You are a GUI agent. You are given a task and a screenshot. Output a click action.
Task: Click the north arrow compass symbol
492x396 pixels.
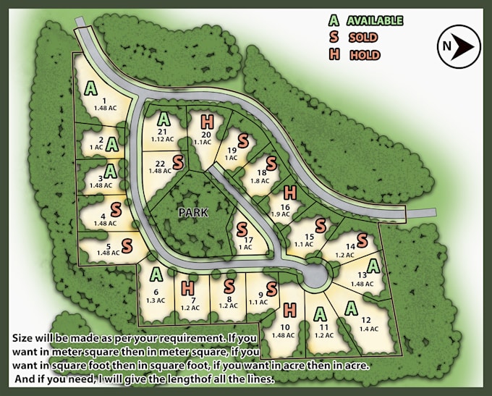[x=459, y=46]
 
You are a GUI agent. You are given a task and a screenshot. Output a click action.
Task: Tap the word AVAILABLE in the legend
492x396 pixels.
[x=374, y=21]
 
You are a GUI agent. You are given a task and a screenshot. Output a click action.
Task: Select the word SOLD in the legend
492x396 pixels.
[x=362, y=38]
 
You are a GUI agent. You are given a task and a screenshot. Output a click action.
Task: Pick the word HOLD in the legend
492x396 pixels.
[x=365, y=55]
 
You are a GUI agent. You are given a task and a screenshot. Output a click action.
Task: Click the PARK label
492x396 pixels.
[x=193, y=212]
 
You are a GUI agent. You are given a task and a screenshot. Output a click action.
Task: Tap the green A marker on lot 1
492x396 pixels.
[x=90, y=88]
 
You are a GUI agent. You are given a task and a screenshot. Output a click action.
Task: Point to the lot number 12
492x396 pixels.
[x=365, y=320]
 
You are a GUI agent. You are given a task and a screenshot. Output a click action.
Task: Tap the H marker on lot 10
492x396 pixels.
[x=290, y=309]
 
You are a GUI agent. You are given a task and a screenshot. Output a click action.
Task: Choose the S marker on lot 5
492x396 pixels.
[x=127, y=244]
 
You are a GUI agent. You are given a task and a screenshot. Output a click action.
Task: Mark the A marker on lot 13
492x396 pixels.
[x=374, y=266]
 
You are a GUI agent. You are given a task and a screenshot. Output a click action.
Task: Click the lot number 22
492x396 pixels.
[x=161, y=163]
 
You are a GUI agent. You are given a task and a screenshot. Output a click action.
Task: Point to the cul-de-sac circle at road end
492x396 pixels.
[x=316, y=275]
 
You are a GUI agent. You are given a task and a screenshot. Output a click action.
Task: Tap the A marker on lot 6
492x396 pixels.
[x=156, y=274]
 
